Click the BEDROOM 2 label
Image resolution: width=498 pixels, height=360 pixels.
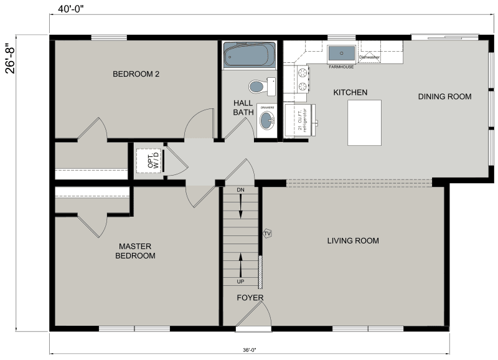pyautogui.click(x=136, y=74)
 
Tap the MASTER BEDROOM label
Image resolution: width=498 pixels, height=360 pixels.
pyautogui.click(x=135, y=251)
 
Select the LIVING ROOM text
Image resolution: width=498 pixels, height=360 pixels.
pyautogui.click(x=353, y=241)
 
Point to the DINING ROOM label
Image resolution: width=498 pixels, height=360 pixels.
pyautogui.click(x=444, y=97)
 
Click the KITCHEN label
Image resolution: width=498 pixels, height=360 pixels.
pyautogui.click(x=350, y=93)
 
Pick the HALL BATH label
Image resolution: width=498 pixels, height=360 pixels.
pyautogui.click(x=243, y=108)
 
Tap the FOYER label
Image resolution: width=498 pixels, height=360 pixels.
pyautogui.click(x=250, y=298)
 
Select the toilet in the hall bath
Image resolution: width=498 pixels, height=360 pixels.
pyautogui.click(x=260, y=86)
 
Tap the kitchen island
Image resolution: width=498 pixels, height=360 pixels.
pyautogui.click(x=364, y=122)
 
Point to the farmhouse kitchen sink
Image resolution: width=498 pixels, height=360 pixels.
pyautogui.click(x=341, y=53)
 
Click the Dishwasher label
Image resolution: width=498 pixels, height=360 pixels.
pyautogui.click(x=369, y=57)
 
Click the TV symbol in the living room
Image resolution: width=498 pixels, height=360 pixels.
pyautogui.click(x=268, y=233)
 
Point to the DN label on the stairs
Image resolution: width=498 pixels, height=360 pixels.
pyautogui.click(x=240, y=189)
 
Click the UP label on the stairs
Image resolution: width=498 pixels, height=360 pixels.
pyautogui.click(x=240, y=282)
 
